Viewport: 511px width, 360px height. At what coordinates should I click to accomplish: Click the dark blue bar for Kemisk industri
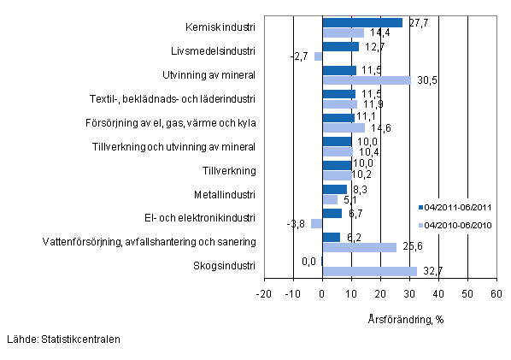(362, 22)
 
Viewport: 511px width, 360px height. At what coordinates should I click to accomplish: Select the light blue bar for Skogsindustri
(369, 271)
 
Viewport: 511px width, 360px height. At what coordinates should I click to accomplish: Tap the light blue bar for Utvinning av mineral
(366, 80)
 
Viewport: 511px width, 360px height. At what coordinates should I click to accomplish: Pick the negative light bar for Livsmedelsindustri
(318, 56)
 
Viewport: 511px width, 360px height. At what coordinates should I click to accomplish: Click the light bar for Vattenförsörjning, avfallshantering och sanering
(359, 247)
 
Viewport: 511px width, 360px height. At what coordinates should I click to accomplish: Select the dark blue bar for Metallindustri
(334, 189)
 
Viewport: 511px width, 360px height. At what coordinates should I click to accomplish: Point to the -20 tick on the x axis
(264, 293)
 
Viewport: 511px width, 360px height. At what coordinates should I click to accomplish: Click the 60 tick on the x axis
(495, 293)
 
